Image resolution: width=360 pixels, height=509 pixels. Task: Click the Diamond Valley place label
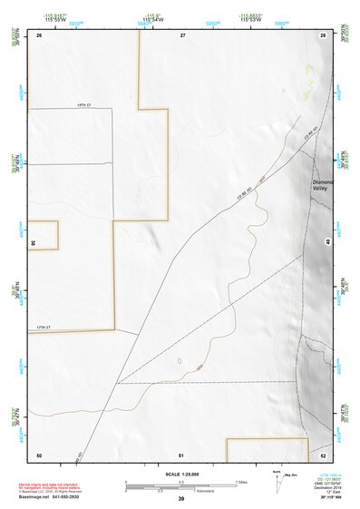pyautogui.click(x=323, y=186)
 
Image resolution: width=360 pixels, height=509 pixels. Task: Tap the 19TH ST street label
pyautogui.click(x=79, y=105)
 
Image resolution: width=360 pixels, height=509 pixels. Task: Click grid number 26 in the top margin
pyautogui.click(x=40, y=34)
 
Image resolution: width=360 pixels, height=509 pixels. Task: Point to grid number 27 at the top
pyautogui.click(x=182, y=34)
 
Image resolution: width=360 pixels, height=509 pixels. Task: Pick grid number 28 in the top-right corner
pyautogui.click(x=322, y=34)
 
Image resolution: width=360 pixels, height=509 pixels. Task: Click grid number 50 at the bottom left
pyautogui.click(x=39, y=454)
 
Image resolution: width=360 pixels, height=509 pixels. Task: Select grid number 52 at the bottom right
pyautogui.click(x=324, y=454)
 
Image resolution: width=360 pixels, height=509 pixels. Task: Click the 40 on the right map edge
pyautogui.click(x=328, y=242)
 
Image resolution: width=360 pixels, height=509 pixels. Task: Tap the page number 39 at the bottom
pyautogui.click(x=181, y=499)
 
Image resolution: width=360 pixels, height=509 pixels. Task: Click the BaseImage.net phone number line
pyautogui.click(x=50, y=499)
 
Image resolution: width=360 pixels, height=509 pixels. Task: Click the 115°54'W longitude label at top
pyautogui.click(x=151, y=19)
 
